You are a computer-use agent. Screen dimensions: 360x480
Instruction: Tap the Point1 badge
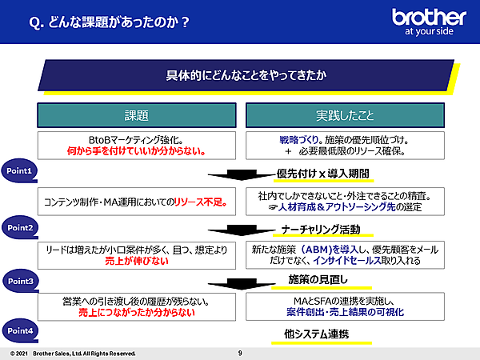[x=20, y=171]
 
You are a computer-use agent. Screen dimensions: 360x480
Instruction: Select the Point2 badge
[x=20, y=227]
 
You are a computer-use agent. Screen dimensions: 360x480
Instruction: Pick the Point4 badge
[x=20, y=330]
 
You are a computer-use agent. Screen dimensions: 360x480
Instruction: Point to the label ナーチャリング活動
[x=321, y=229]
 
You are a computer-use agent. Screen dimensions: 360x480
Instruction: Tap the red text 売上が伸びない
[x=137, y=262]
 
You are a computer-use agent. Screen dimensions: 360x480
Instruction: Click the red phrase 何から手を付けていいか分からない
[x=137, y=150]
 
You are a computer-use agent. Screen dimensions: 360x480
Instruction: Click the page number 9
[x=240, y=353]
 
